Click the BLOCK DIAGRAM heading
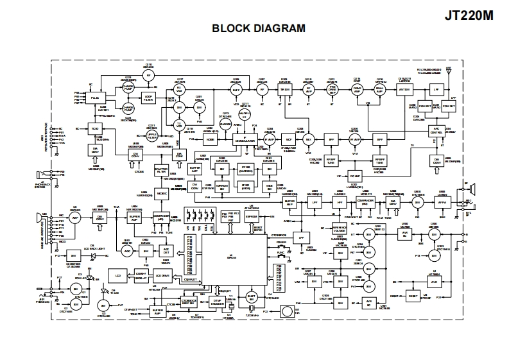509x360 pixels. point(258,29)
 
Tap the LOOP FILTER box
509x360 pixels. point(148,98)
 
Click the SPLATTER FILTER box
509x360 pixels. point(161,171)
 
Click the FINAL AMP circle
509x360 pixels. point(379,90)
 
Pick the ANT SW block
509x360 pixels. point(405,90)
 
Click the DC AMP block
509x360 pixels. point(354,175)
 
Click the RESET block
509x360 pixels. point(412,296)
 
